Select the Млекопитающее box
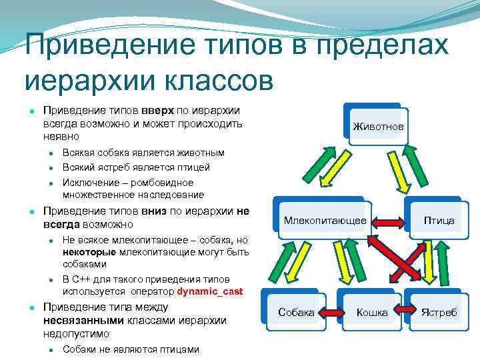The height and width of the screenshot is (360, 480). click(x=325, y=220)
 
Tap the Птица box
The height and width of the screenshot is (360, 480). click(x=438, y=220)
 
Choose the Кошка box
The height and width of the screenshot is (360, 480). click(x=371, y=312)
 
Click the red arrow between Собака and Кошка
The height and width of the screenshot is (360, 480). click(x=333, y=311)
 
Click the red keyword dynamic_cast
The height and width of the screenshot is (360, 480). click(x=210, y=291)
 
